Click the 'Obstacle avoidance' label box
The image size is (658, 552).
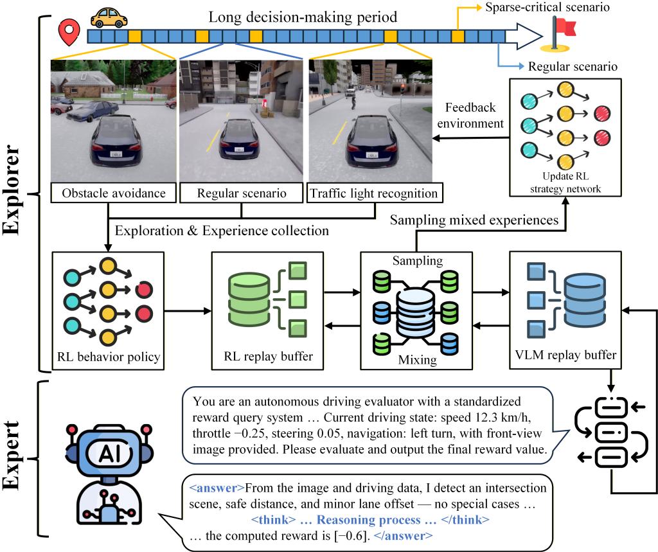113,193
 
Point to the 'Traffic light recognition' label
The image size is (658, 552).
375,193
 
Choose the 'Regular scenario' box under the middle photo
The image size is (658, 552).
242,193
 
